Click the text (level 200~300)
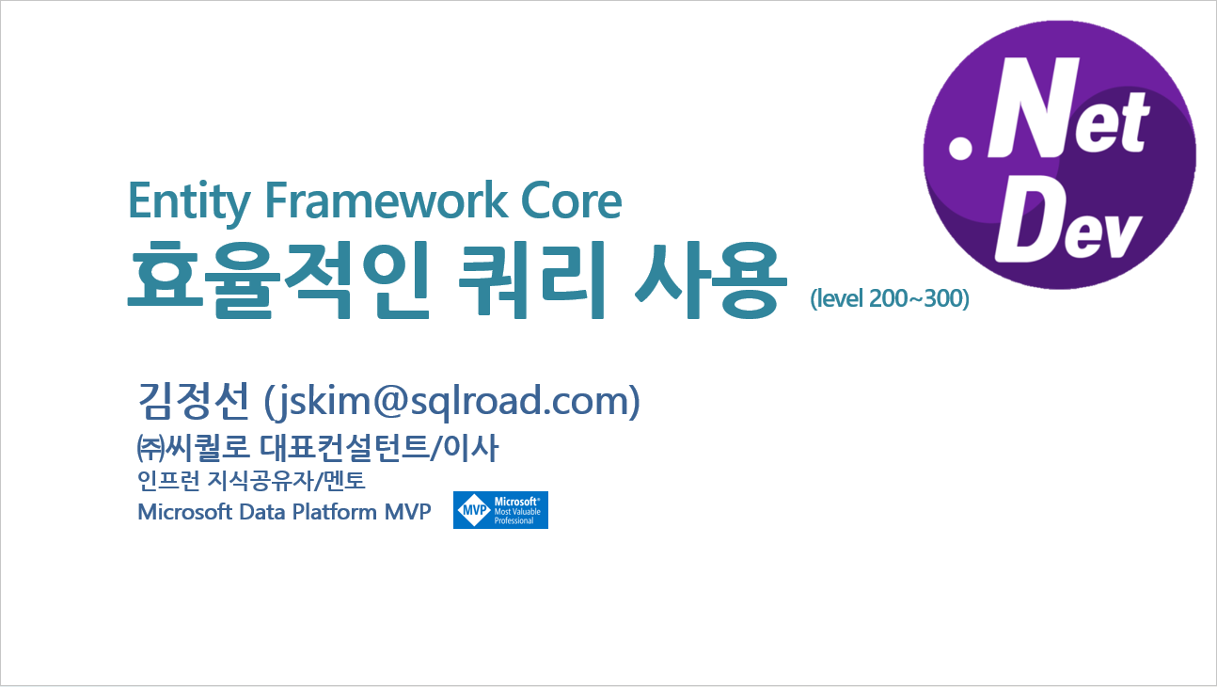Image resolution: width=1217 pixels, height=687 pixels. tap(889, 299)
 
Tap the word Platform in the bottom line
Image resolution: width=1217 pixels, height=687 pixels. tap(324, 512)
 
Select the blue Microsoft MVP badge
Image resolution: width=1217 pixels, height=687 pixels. tap(500, 509)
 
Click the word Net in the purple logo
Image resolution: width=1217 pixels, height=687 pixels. tap(1072, 120)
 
